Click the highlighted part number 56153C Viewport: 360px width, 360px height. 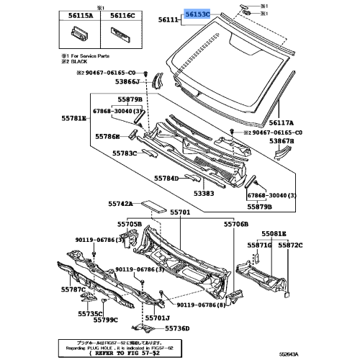coord(195,14)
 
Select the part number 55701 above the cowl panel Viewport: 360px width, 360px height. coord(180,213)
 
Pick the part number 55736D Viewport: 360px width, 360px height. coord(176,328)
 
